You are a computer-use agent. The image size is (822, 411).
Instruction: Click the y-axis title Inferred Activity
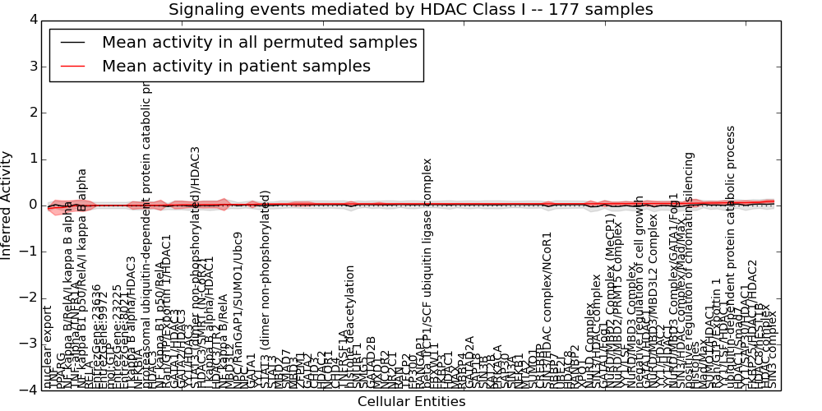7,205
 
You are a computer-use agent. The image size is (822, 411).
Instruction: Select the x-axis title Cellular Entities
411,402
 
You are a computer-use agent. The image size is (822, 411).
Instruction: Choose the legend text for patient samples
236,66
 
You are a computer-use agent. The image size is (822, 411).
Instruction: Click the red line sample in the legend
72,67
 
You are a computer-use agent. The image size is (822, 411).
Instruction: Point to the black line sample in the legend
72,43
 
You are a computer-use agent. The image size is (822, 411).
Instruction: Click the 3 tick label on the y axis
32,66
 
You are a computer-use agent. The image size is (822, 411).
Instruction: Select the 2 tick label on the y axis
32,113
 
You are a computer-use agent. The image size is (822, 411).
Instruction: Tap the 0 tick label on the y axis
32,205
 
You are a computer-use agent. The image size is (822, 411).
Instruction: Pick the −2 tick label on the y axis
29,298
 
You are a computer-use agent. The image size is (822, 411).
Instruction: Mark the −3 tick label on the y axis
29,344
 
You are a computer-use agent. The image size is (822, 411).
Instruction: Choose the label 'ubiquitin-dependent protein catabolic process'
731,263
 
